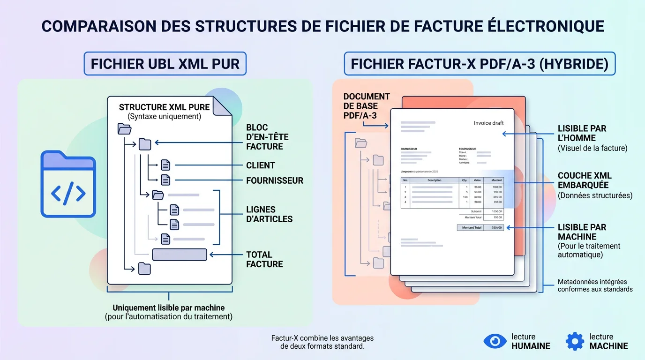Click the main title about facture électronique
(x=322, y=26)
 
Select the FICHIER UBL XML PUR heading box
(x=165, y=64)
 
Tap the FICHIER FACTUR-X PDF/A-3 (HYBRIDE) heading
(x=480, y=64)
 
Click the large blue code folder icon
(x=68, y=184)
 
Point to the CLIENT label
(x=261, y=165)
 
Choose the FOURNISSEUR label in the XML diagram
(x=275, y=180)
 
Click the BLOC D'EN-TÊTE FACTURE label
(x=267, y=137)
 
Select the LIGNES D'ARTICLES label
(x=269, y=214)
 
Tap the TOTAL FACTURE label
(x=264, y=259)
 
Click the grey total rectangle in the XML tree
(x=180, y=255)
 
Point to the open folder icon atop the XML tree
(x=125, y=129)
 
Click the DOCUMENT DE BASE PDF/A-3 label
(x=367, y=105)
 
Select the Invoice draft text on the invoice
(x=488, y=123)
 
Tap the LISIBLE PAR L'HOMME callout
(x=582, y=133)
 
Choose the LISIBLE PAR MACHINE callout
(x=582, y=232)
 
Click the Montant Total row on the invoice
(x=480, y=228)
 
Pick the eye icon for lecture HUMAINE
(x=495, y=341)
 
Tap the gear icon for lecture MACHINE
(x=575, y=341)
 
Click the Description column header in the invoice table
(x=434, y=180)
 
